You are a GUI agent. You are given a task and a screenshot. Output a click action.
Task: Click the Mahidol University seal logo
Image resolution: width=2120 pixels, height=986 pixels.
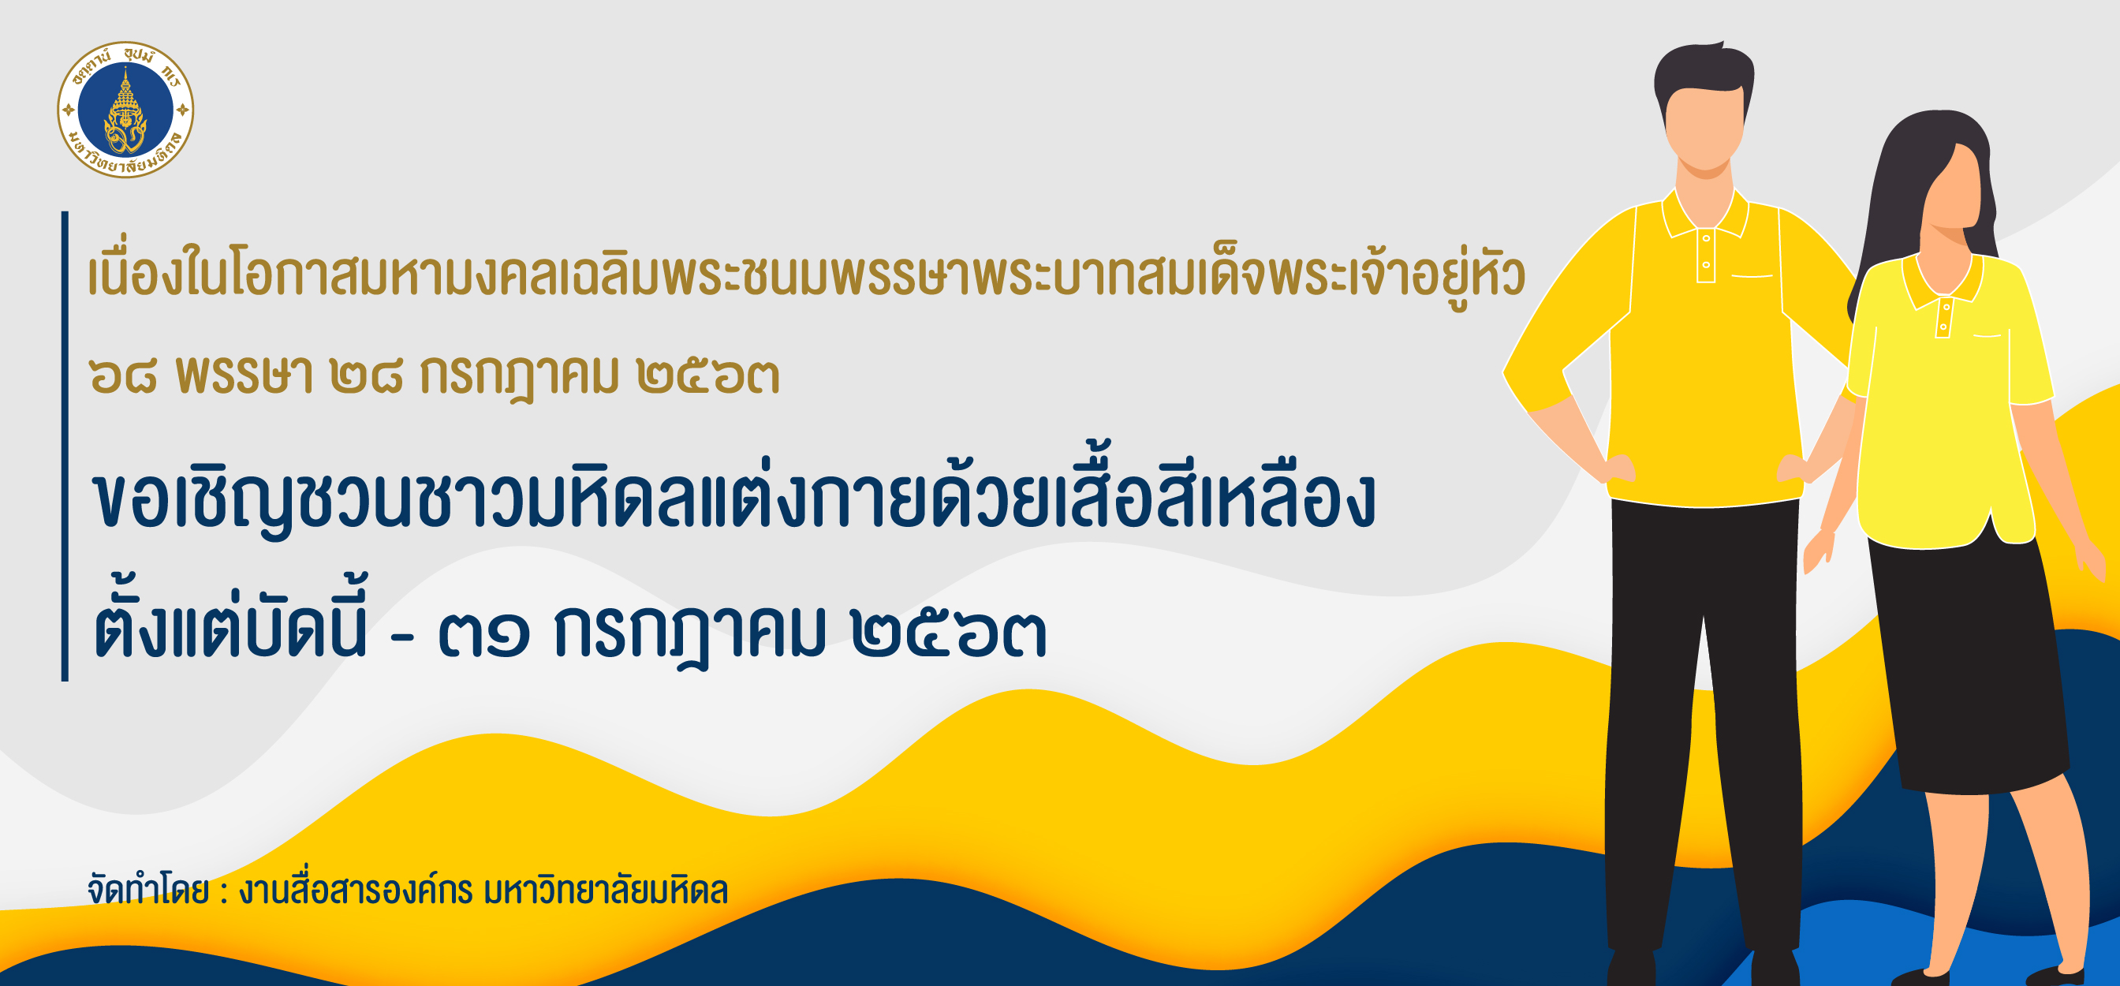click(125, 110)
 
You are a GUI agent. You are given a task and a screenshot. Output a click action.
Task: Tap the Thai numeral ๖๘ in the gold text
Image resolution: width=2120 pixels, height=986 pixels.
click(122, 376)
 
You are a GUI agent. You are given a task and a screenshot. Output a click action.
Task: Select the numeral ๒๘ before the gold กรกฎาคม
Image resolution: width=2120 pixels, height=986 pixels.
click(366, 376)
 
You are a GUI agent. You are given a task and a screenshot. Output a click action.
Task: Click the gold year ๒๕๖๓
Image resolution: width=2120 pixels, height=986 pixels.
click(707, 376)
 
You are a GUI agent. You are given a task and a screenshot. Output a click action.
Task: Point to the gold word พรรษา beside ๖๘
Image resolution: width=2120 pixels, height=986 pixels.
click(244, 376)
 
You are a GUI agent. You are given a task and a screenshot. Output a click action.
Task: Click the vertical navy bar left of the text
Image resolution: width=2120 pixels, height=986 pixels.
click(65, 446)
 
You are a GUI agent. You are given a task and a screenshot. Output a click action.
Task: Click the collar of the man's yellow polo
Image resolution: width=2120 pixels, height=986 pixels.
click(1705, 215)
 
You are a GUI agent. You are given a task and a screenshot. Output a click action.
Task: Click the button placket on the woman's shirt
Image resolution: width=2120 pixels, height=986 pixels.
click(1944, 318)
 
